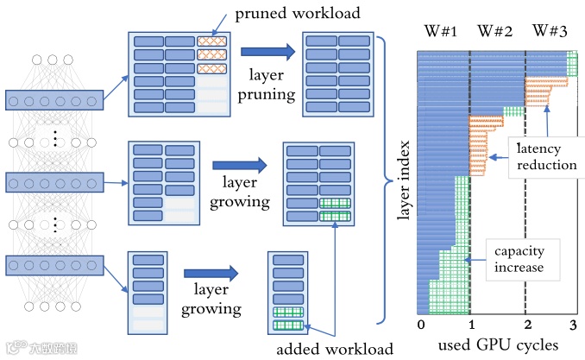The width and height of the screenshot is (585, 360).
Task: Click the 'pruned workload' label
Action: [x=298, y=14]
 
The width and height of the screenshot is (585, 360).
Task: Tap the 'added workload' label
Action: [x=335, y=349]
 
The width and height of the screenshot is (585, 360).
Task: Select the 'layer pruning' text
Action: [x=267, y=85]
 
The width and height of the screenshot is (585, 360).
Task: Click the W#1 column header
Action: [x=441, y=31]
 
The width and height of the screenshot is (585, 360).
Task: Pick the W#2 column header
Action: [x=495, y=31]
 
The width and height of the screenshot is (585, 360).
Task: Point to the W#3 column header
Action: [x=550, y=31]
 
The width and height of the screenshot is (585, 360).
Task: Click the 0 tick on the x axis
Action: [x=421, y=325]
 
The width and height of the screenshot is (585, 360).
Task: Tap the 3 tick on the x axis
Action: [x=574, y=325]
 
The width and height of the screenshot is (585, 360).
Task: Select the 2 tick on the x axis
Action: [x=527, y=325]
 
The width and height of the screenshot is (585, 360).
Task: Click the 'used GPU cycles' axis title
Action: [x=498, y=345]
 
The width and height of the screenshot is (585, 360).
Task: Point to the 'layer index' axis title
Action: [x=403, y=180]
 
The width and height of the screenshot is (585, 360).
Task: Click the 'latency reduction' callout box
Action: [x=546, y=157]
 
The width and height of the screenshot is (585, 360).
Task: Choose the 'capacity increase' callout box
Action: [x=523, y=260]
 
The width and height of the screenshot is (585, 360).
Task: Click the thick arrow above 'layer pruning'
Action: [x=267, y=52]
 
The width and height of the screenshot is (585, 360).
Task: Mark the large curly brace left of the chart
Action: [x=384, y=180]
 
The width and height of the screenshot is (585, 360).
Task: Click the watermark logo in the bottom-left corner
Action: [x=41, y=348]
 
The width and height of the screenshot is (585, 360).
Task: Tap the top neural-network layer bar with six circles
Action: [x=54, y=100]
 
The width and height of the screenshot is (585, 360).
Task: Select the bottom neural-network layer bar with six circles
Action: [x=54, y=266]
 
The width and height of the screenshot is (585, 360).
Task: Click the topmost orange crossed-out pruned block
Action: [x=211, y=41]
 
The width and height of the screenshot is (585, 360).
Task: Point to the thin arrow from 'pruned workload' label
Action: [x=219, y=25]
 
